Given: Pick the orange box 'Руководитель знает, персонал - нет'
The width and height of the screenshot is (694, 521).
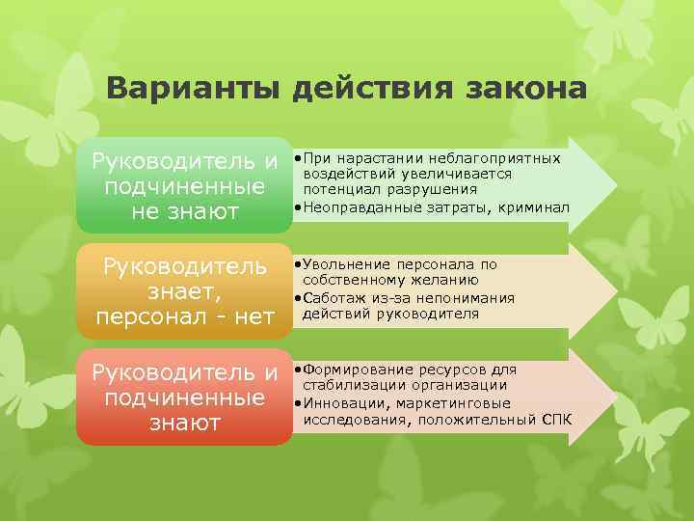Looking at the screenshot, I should tap(184, 290).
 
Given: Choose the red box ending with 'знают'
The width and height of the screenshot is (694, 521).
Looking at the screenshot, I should tap(184, 397).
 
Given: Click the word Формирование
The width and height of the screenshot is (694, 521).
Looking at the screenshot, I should tap(353, 370).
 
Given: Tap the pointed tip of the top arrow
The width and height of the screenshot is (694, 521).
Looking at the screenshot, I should tap(613, 183).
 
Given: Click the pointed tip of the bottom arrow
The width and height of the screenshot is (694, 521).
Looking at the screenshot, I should tap(613, 396).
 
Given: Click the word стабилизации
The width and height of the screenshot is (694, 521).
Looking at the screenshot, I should tap(354, 386).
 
